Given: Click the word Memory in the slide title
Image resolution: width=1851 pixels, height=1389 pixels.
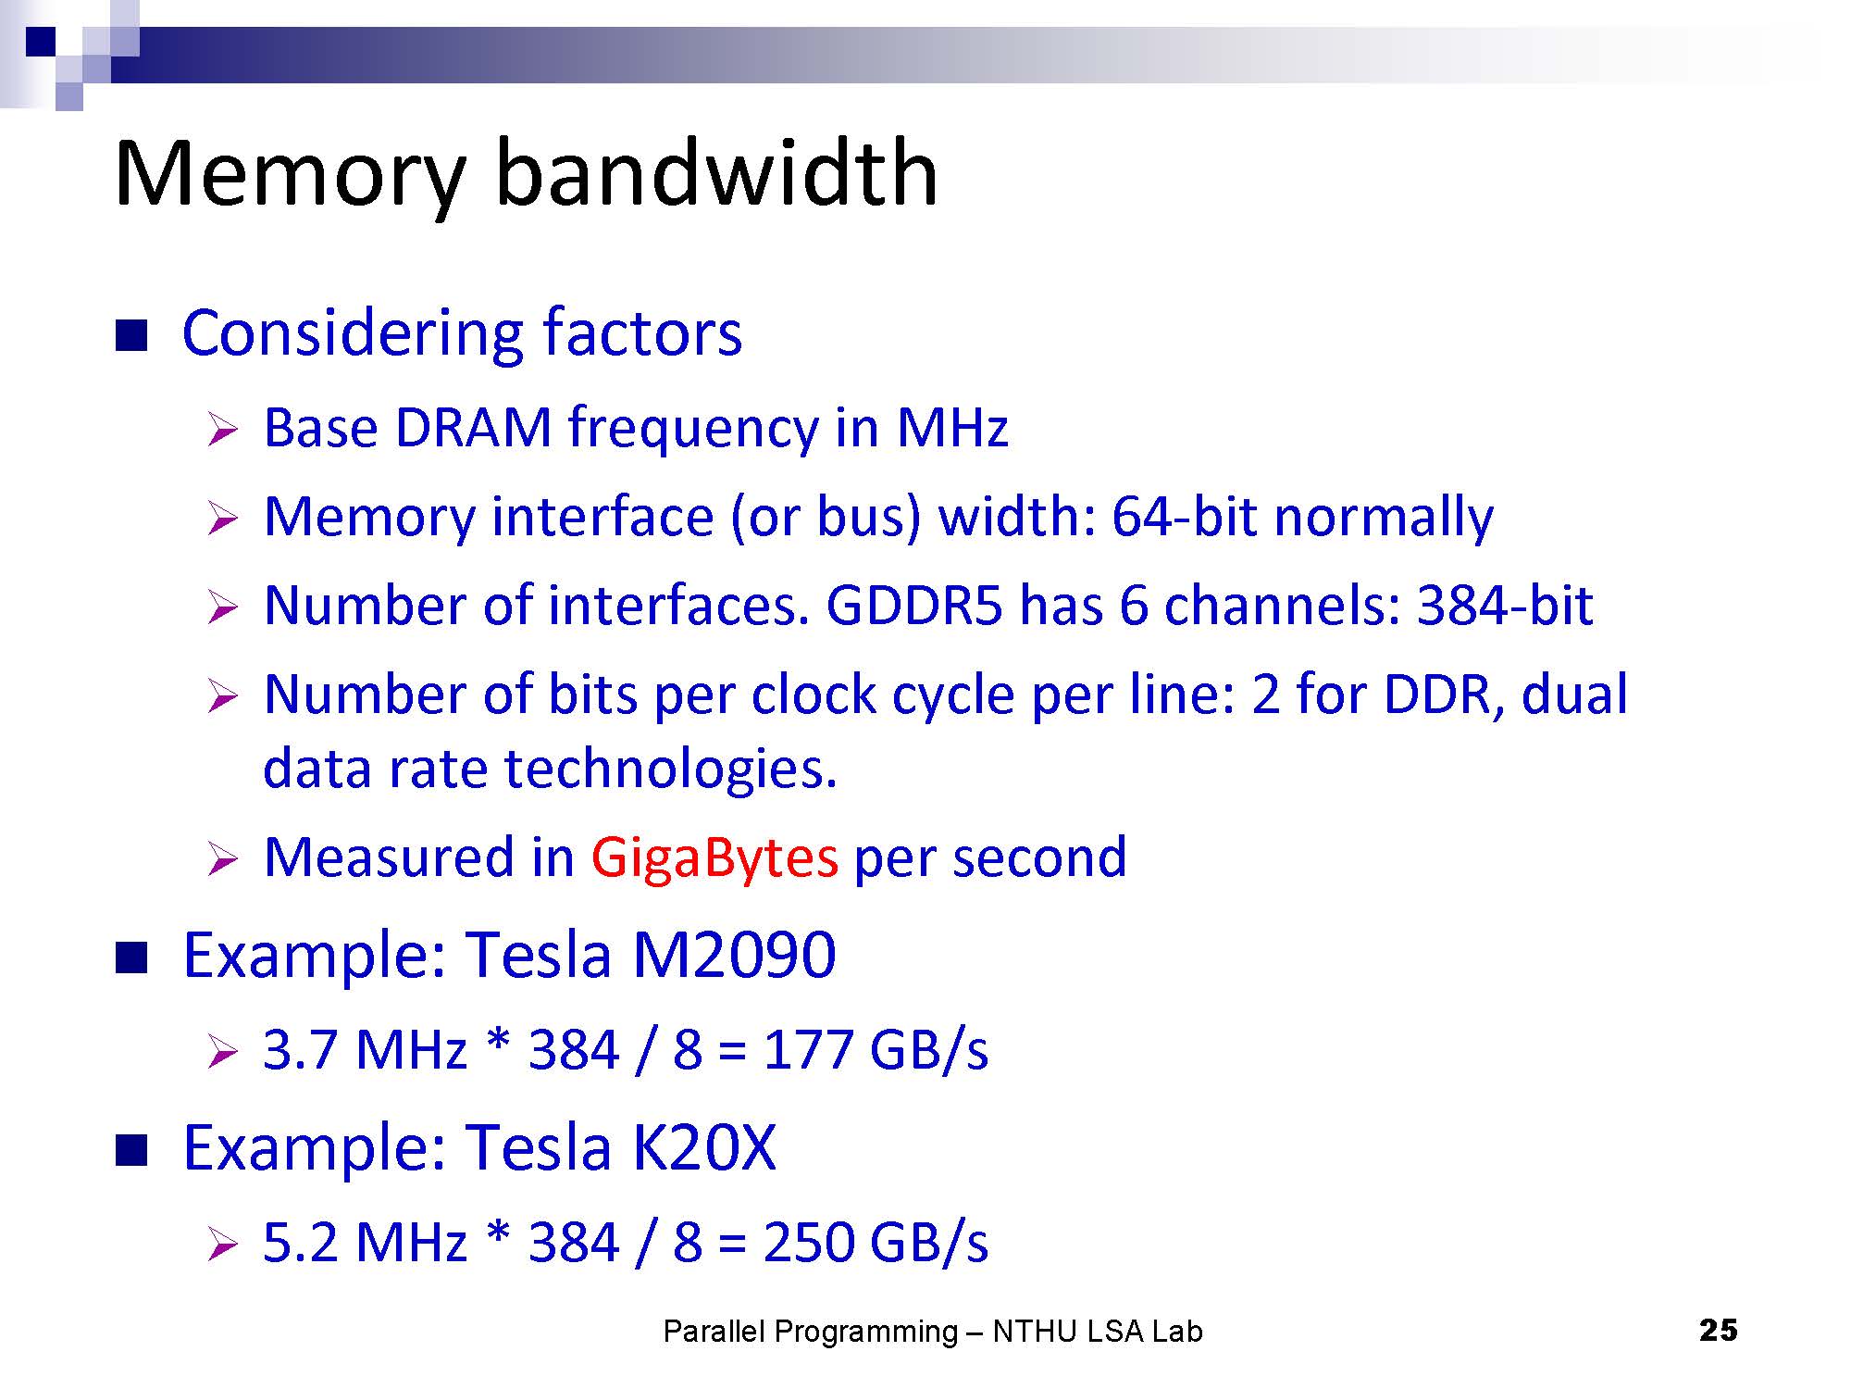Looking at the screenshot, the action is coord(290,176).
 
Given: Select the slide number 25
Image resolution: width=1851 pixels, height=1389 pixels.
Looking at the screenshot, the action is coord(1719,1331).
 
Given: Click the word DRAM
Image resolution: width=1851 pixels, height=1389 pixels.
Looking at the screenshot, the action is coord(473,428).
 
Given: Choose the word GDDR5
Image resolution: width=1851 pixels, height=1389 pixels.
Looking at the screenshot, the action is coord(914,606).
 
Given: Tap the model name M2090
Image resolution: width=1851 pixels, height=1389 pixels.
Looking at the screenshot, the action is coord(734,955).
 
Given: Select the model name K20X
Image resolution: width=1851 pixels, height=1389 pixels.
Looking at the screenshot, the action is coord(703,1147).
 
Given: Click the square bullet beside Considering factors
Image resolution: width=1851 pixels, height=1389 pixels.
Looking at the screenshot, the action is coord(131,335).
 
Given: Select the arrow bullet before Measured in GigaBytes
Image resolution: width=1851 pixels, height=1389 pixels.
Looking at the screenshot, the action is coord(223,860).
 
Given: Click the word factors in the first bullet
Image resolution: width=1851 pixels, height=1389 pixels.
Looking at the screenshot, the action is coord(642,332).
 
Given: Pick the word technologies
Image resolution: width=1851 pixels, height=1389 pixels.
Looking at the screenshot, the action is coord(670,770).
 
